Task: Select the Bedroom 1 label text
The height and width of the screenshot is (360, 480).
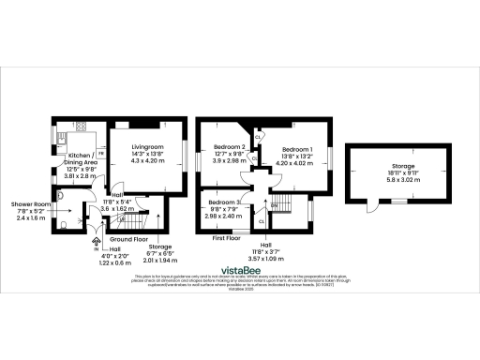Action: click(x=299, y=150)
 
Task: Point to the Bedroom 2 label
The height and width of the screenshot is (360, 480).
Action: click(x=230, y=147)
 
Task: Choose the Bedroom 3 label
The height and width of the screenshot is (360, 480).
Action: click(x=225, y=203)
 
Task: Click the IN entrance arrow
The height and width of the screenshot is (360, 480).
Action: click(x=96, y=238)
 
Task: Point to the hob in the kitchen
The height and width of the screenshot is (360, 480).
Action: click(x=79, y=127)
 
